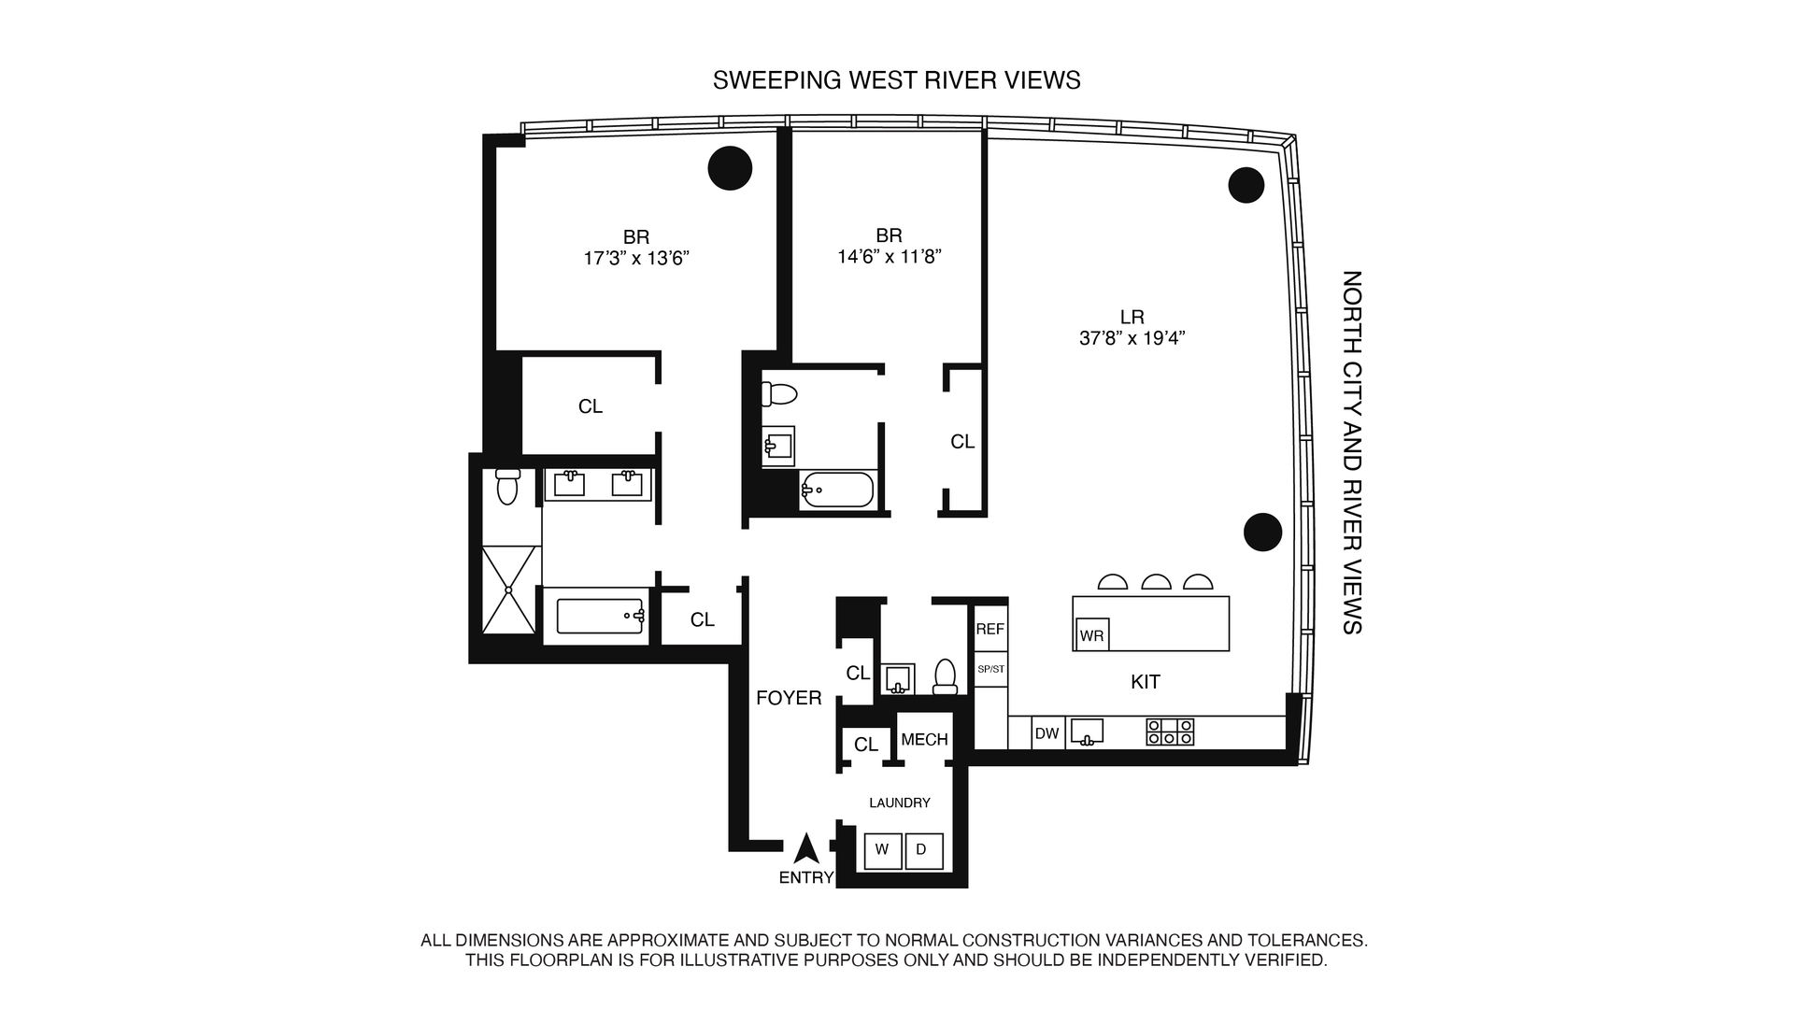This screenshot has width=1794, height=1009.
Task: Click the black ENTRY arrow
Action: pos(806,849)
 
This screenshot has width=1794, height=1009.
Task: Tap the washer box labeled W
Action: pos(882,850)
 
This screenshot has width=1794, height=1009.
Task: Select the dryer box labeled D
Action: pos(922,850)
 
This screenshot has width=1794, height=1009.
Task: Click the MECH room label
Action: pos(924,740)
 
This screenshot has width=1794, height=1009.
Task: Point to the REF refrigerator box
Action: pos(990,630)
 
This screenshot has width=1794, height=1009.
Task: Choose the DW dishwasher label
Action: pos(1046,733)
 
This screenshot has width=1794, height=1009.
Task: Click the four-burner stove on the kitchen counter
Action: pos(1170,732)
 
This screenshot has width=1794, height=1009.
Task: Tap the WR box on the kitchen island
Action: pos(1091,635)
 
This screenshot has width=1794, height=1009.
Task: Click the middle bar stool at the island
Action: pos(1157,583)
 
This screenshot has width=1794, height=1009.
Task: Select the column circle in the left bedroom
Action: pos(730,168)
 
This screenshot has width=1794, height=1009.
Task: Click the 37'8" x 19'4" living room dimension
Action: pos(1132,339)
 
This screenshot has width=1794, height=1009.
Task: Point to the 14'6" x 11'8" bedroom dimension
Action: pos(889,256)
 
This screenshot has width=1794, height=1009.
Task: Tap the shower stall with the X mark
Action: pos(509,590)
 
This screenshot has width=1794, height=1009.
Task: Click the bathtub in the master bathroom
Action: pos(599,616)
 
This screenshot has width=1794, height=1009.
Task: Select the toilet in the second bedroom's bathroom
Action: pos(778,394)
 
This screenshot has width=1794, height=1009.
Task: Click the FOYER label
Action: pos(789,698)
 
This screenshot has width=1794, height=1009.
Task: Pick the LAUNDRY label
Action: pos(899,803)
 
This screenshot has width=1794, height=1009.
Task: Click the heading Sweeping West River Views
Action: pos(896,80)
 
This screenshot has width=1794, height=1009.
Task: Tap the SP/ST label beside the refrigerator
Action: pos(990,669)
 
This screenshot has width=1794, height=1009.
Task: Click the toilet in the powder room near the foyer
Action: pos(946,675)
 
